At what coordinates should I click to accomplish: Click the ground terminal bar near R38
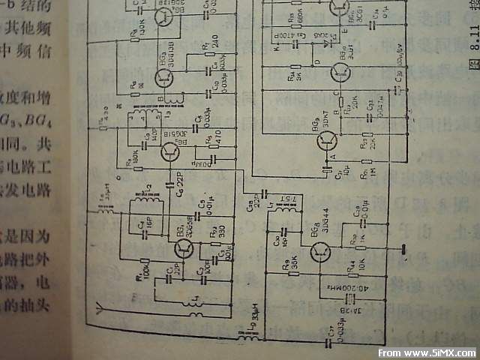pyautogui.click(x=403, y=247)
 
